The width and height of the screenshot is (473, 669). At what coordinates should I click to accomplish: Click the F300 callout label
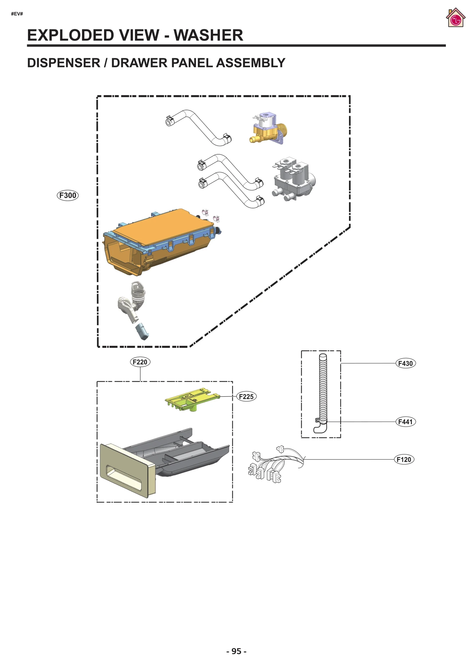coord(68,195)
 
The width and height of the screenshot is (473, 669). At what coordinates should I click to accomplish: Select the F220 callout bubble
coord(140,362)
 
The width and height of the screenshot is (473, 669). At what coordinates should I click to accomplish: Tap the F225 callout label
coord(246,396)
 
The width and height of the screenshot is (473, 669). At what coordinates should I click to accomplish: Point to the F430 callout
coord(405,363)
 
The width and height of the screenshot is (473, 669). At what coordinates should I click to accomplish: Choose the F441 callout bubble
coord(405,422)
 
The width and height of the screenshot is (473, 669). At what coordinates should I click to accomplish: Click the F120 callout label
coord(404,459)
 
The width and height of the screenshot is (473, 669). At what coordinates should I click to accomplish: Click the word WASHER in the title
coord(208,35)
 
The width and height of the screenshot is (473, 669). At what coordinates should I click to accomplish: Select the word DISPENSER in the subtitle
coord(64,63)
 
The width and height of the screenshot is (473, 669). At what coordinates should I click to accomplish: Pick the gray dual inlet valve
coord(293,179)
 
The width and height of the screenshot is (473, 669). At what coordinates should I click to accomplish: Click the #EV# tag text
coord(17,14)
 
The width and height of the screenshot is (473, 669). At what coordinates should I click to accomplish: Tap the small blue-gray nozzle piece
coord(142,331)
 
